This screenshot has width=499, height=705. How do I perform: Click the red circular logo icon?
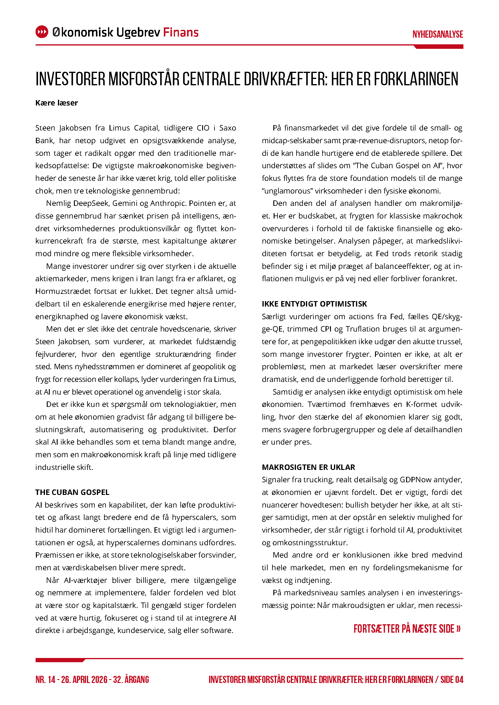(42, 32)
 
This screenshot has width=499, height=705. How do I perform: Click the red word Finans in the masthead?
(181, 32)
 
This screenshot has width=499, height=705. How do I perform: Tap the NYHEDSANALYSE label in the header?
(437, 34)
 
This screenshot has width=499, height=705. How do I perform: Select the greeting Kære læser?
(56, 103)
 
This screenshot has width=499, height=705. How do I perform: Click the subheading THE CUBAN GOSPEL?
(72, 492)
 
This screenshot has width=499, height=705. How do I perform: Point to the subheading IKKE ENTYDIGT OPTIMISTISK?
(314, 304)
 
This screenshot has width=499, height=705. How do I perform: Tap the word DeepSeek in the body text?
(91, 203)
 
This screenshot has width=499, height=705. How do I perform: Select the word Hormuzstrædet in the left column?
(64, 291)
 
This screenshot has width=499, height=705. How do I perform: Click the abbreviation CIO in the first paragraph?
(203, 128)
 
